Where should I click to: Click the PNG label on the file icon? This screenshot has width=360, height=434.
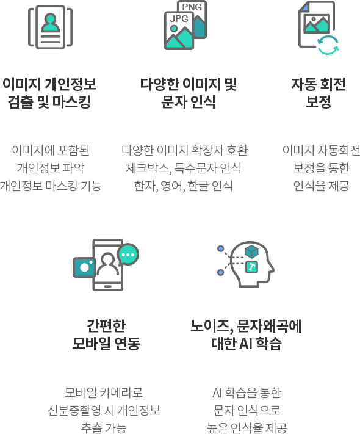pos(192,7)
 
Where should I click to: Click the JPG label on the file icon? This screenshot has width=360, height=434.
pos(179,18)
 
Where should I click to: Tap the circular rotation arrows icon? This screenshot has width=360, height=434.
pos(328,45)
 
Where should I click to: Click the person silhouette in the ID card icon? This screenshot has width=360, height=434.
pos(51,23)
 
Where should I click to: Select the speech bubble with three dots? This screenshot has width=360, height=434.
pos(128,254)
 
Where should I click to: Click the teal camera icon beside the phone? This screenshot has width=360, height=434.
pos(84,267)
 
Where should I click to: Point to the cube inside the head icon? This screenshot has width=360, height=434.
pos(251,251)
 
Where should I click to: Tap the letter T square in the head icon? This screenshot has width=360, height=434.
pos(252,267)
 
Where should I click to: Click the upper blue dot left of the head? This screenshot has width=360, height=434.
pos(220,248)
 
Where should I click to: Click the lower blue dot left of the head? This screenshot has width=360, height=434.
pos(220,272)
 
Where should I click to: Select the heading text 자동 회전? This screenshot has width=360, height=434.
pos(319,84)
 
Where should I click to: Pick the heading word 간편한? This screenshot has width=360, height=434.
pos(106,325)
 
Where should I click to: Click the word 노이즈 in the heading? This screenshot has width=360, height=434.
pos(210,326)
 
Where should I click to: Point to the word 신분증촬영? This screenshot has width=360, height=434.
pos(74,410)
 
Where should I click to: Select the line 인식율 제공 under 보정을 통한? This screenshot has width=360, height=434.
pos(322,186)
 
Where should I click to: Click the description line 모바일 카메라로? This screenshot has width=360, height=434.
pos(104,392)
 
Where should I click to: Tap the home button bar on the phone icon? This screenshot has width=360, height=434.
pos(107,286)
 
